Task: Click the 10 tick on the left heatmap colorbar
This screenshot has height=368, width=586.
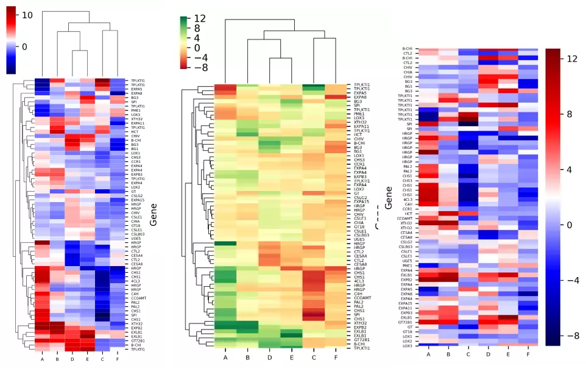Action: [27, 15]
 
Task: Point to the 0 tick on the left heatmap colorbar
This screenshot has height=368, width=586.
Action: [25, 46]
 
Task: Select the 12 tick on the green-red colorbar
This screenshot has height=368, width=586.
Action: [201, 18]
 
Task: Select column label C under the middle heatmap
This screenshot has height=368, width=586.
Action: [313, 358]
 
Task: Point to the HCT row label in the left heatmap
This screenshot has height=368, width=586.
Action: [134, 132]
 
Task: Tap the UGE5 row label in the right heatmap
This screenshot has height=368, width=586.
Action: [407, 261]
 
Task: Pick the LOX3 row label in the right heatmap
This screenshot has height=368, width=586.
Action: [407, 345]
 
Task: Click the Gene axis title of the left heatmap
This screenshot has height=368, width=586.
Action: [154, 215]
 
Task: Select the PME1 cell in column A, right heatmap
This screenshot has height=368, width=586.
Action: [429, 265]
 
